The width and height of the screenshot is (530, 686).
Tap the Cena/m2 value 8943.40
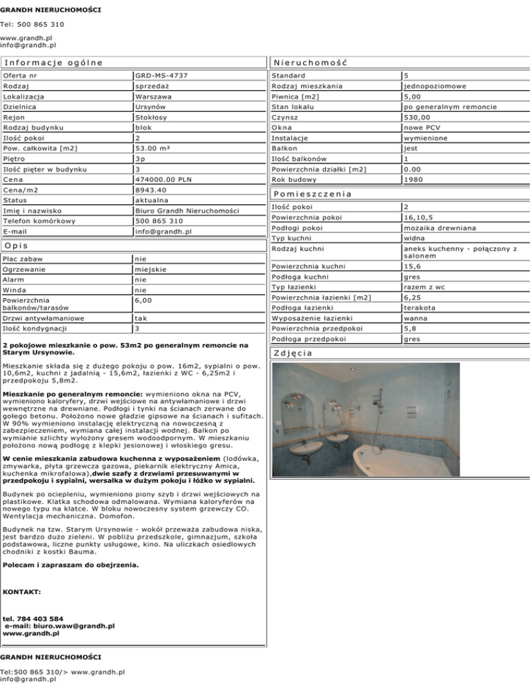point(151,190)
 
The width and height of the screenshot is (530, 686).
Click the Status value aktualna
point(153,200)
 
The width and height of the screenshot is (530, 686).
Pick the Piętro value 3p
point(141,159)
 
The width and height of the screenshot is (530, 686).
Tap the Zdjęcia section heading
point(296,353)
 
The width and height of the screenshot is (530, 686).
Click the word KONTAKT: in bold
point(23,592)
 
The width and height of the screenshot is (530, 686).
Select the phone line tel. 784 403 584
point(34,618)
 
